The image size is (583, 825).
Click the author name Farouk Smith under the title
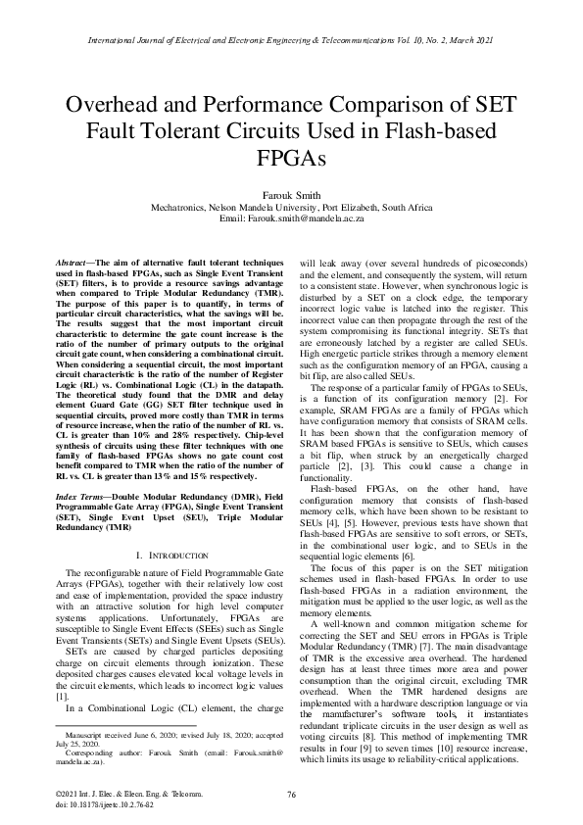(291, 195)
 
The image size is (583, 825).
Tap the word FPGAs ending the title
(291, 158)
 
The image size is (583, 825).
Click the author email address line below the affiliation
(291, 220)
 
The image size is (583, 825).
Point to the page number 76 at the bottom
(291, 793)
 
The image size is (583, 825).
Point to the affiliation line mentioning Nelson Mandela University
(291, 209)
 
